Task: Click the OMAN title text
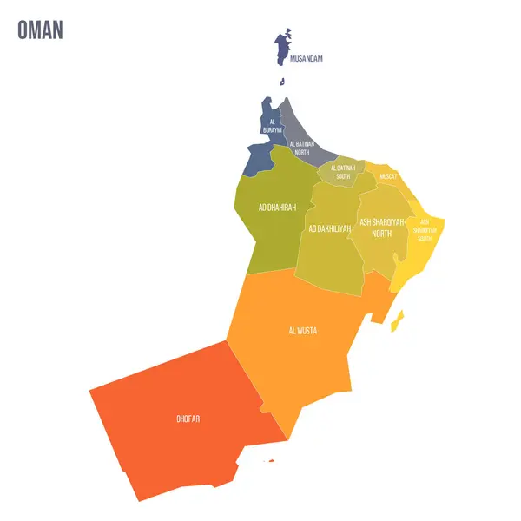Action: [x=40, y=29]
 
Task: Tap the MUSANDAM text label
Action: [x=307, y=58]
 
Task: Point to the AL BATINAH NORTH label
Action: [x=300, y=147]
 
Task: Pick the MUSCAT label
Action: [x=388, y=176]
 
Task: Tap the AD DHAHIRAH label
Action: [x=277, y=208]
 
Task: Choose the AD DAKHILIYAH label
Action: [x=330, y=228]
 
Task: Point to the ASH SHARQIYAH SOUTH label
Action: [x=425, y=230]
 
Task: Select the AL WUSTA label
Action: [x=302, y=331]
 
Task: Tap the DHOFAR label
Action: [x=189, y=419]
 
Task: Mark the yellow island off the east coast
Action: [x=397, y=322]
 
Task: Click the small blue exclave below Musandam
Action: [x=282, y=82]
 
